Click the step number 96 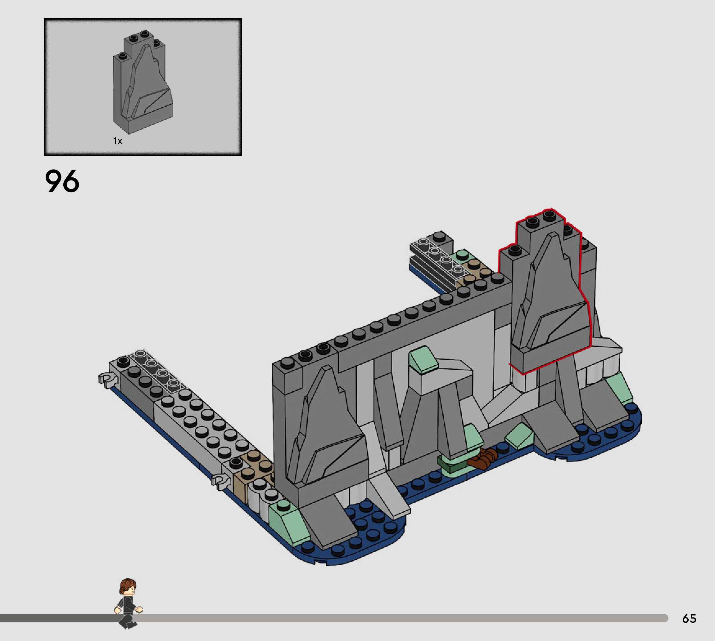62,181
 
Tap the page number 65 689,618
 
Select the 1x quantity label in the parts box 118,141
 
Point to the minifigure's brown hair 127,586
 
